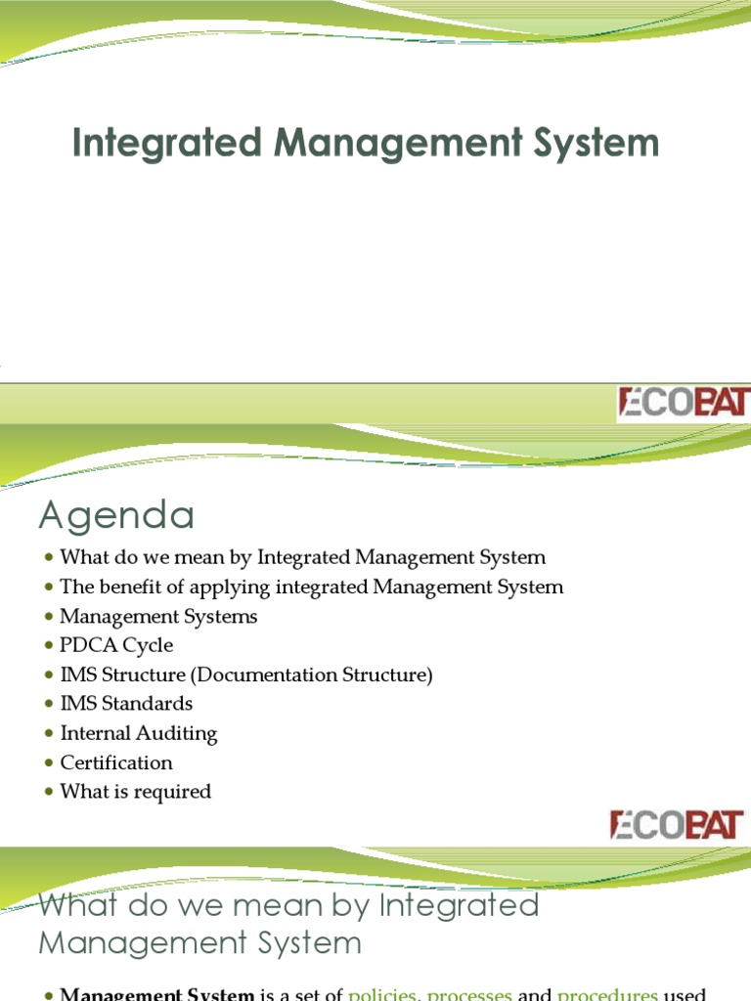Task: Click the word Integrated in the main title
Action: click(168, 143)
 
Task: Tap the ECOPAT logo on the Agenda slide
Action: click(677, 824)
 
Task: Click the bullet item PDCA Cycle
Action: click(116, 645)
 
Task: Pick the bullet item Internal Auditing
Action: click(139, 733)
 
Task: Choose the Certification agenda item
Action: click(116, 762)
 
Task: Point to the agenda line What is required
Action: click(135, 792)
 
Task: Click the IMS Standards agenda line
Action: click(126, 704)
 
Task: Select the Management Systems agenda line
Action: click(158, 616)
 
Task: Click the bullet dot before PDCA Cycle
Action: click(49, 646)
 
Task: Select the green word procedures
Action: click(607, 994)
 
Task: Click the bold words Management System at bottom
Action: click(157, 994)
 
